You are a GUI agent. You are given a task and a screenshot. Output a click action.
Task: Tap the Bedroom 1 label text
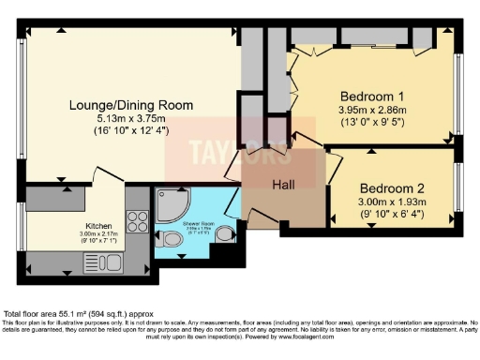click(x=370, y=97)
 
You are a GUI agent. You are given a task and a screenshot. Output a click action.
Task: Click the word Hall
click(x=284, y=185)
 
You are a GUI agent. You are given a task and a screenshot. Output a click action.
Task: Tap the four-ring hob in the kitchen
click(x=137, y=222)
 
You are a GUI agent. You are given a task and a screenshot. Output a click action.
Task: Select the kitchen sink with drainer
click(x=56, y=260)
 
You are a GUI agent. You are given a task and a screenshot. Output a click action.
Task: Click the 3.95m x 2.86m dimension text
click(x=370, y=111)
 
